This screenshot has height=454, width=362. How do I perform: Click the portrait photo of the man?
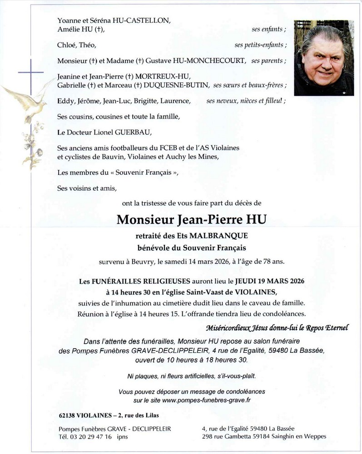(323, 58)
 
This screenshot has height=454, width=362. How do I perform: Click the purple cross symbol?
(31, 73)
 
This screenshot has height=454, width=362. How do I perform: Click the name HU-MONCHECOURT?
(207, 61)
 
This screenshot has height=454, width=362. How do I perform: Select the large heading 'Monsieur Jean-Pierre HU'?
(192, 220)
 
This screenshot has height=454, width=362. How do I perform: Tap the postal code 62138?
(68, 415)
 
